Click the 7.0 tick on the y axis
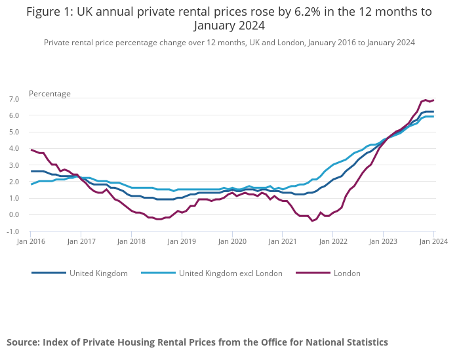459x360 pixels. point(14,99)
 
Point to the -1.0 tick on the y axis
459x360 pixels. point(13,231)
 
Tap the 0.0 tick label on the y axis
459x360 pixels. point(14,214)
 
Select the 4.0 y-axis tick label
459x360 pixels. point(14,148)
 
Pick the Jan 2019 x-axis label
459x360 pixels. point(182,241)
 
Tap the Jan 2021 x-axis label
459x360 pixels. point(282,241)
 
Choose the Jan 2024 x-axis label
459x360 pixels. point(433,241)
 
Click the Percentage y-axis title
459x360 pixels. point(50,94)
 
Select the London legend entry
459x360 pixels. point(347,273)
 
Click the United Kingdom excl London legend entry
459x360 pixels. point(230,273)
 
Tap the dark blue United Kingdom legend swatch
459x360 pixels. point(49,273)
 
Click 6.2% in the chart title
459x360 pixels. point(293,12)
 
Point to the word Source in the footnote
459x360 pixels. point(23,342)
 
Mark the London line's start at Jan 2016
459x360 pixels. point(31,150)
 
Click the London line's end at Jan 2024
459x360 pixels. point(433,100)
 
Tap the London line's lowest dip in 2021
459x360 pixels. point(312,220)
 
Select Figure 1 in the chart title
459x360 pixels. point(48,12)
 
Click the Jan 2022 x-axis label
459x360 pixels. point(332,241)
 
